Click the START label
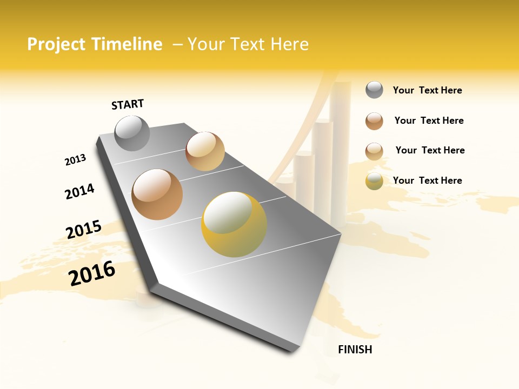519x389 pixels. tap(128, 104)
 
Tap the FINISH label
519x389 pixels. tap(355, 350)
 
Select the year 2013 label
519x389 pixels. tap(75, 159)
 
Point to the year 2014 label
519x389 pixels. tap(79, 192)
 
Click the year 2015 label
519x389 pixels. tap(84, 230)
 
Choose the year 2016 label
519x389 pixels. tap(92, 273)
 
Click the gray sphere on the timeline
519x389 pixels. tap(132, 133)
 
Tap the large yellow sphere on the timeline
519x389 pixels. tap(234, 224)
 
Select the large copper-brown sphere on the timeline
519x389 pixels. tap(157, 194)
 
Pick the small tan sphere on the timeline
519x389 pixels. tap(205, 151)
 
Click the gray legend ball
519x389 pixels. tap(374, 90)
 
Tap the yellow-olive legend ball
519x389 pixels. tap(374, 182)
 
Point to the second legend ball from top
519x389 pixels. tap(374, 121)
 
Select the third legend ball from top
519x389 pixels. tap(374, 151)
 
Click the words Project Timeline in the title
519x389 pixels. tap(95, 44)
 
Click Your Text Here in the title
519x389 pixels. tap(248, 44)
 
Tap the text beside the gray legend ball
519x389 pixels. tap(427, 90)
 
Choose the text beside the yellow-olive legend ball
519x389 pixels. tap(427, 180)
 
